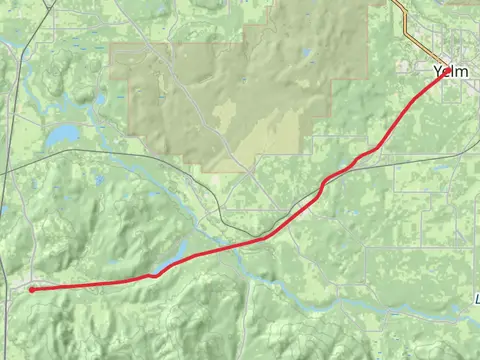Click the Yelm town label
pyautogui.click(x=451, y=71)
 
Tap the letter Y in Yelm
pyautogui.click(x=439, y=71)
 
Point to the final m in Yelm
pyautogui.click(x=463, y=71)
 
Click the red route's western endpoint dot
pyautogui.click(x=31, y=289)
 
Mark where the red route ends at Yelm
pyautogui.click(x=441, y=78)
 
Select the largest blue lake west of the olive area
pyautogui.click(x=62, y=133)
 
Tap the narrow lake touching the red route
pyautogui.click(x=176, y=261)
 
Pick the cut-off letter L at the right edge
pyautogui.click(x=477, y=298)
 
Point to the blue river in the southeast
pyautogui.click(x=400, y=305)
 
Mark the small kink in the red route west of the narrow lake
pyautogui.click(x=153, y=275)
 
